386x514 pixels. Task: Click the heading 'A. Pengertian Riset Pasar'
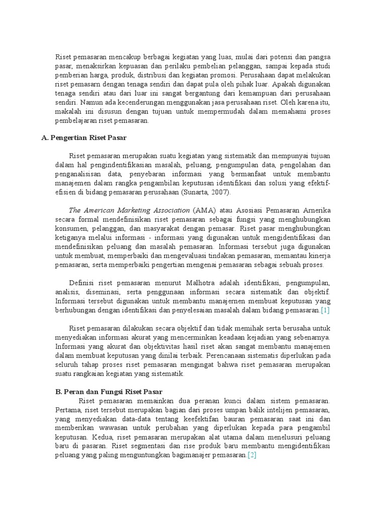84,138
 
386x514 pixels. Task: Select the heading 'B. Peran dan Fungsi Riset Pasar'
110,391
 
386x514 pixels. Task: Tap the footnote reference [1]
325,311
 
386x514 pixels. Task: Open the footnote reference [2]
252,455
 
